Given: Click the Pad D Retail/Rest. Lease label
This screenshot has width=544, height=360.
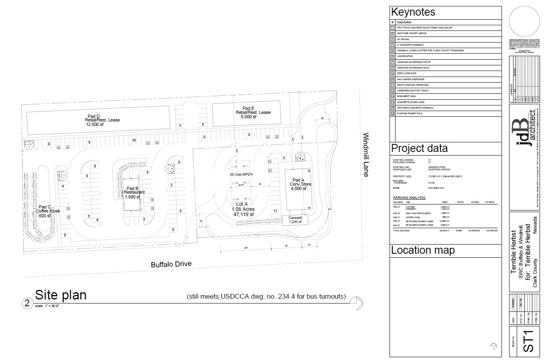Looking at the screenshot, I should [102, 120].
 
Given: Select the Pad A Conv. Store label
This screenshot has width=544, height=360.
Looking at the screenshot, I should [300, 184].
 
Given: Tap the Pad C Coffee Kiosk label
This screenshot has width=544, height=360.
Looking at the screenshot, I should [48, 211].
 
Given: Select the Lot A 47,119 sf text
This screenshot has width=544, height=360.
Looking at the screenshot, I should [243, 214].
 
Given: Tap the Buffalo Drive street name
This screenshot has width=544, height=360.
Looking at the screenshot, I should [171, 264].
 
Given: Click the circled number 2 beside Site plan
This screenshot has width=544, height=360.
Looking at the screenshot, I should [27, 303].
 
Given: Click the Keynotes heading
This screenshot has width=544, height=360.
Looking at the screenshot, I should [413, 12].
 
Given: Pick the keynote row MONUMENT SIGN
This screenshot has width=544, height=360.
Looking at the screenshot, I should [406, 96].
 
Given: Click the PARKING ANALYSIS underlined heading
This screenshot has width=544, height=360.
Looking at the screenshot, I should [409, 198].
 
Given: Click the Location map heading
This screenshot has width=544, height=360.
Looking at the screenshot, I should [422, 251].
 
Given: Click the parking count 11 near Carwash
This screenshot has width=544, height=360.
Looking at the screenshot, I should [275, 211].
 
